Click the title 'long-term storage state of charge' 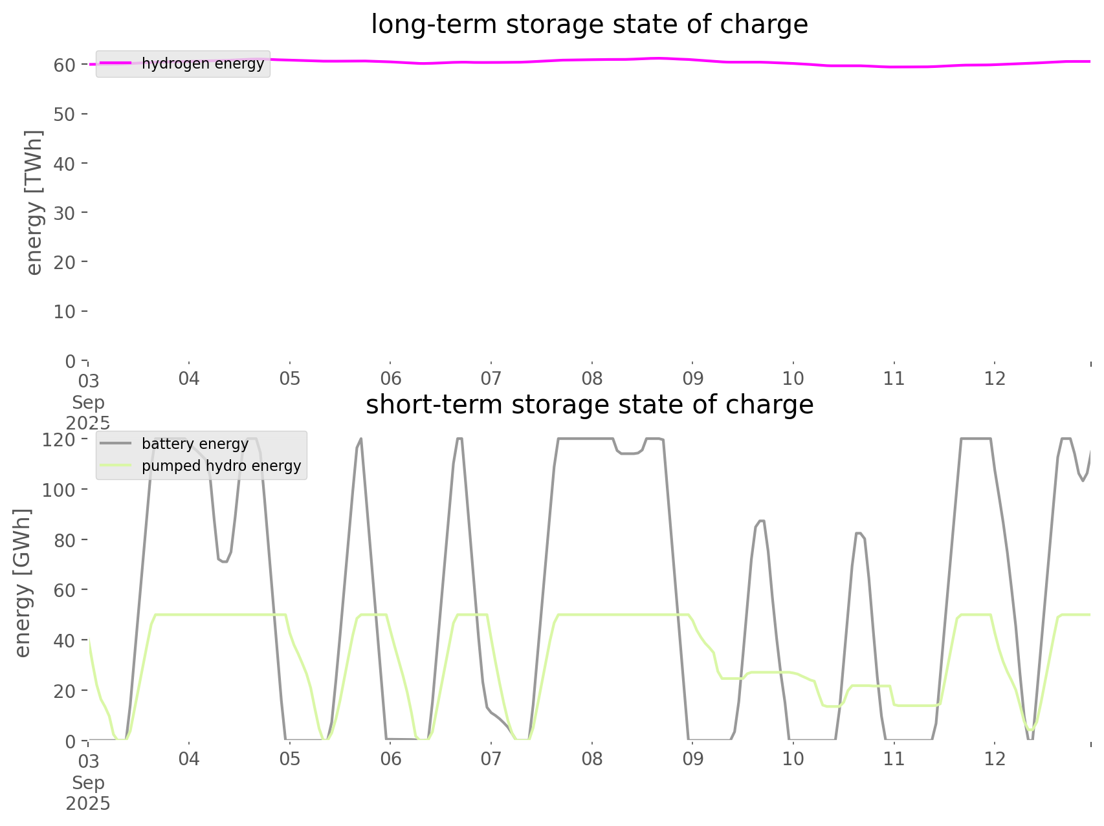point(589,25)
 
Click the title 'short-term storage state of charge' point(589,405)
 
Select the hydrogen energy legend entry point(202,63)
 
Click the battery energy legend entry point(195,444)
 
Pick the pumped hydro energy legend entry point(221,466)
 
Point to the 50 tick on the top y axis point(64,114)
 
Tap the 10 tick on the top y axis point(64,312)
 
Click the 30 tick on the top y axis point(64,213)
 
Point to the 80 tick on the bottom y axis point(64,540)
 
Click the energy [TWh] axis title point(34,202)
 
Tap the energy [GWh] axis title point(23,583)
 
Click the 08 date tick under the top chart point(591,378)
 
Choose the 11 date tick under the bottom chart point(894,758)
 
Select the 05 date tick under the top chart point(289,378)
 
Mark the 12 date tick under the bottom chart point(995,758)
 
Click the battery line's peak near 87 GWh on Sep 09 point(760,521)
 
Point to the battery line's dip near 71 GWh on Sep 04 point(224,561)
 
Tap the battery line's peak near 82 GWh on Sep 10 point(858,533)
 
